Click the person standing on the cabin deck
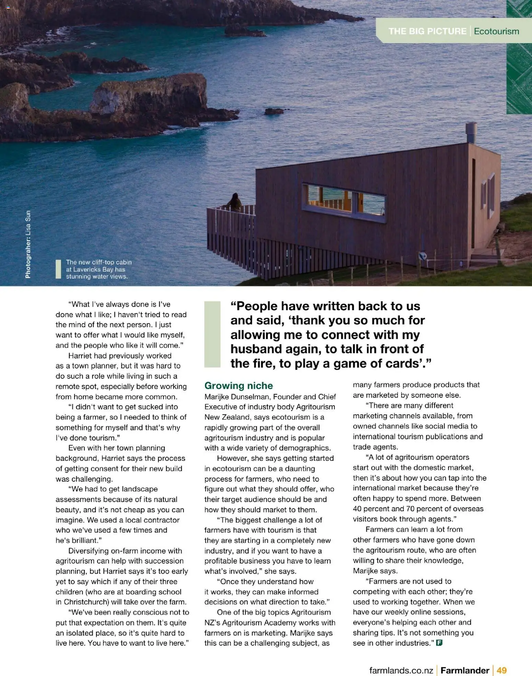pos(235,202)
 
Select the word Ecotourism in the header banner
pos(496,31)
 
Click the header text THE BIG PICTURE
pos(427,31)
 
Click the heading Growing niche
pos(239,386)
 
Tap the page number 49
pos(501,670)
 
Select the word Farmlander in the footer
pos(465,670)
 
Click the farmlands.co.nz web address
pos(401,670)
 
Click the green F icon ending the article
pos(439,643)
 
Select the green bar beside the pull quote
pos(212,334)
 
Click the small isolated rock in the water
pos(274,111)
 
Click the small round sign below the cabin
pos(423,256)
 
